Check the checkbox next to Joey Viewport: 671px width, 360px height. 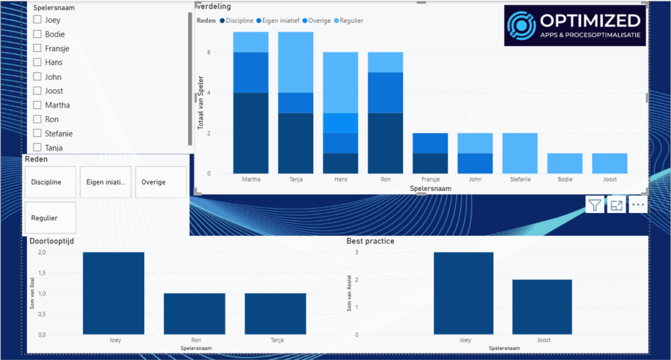pos(37,20)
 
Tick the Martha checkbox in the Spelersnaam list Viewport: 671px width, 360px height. pos(37,105)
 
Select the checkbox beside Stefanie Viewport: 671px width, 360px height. pos(37,133)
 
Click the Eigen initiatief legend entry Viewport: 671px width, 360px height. pos(278,21)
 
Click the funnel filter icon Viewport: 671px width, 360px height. pos(594,205)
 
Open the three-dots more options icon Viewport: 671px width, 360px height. pos(638,205)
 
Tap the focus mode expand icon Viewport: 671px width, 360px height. pos(616,205)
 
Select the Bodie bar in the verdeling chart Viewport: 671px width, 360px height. pos(565,163)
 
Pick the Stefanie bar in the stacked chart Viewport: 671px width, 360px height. pos(520,153)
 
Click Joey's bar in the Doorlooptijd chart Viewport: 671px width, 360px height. pos(113,292)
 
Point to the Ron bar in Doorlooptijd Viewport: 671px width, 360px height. pos(194,313)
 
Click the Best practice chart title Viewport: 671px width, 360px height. pos(370,241)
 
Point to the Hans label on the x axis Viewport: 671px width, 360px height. pos(340,179)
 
